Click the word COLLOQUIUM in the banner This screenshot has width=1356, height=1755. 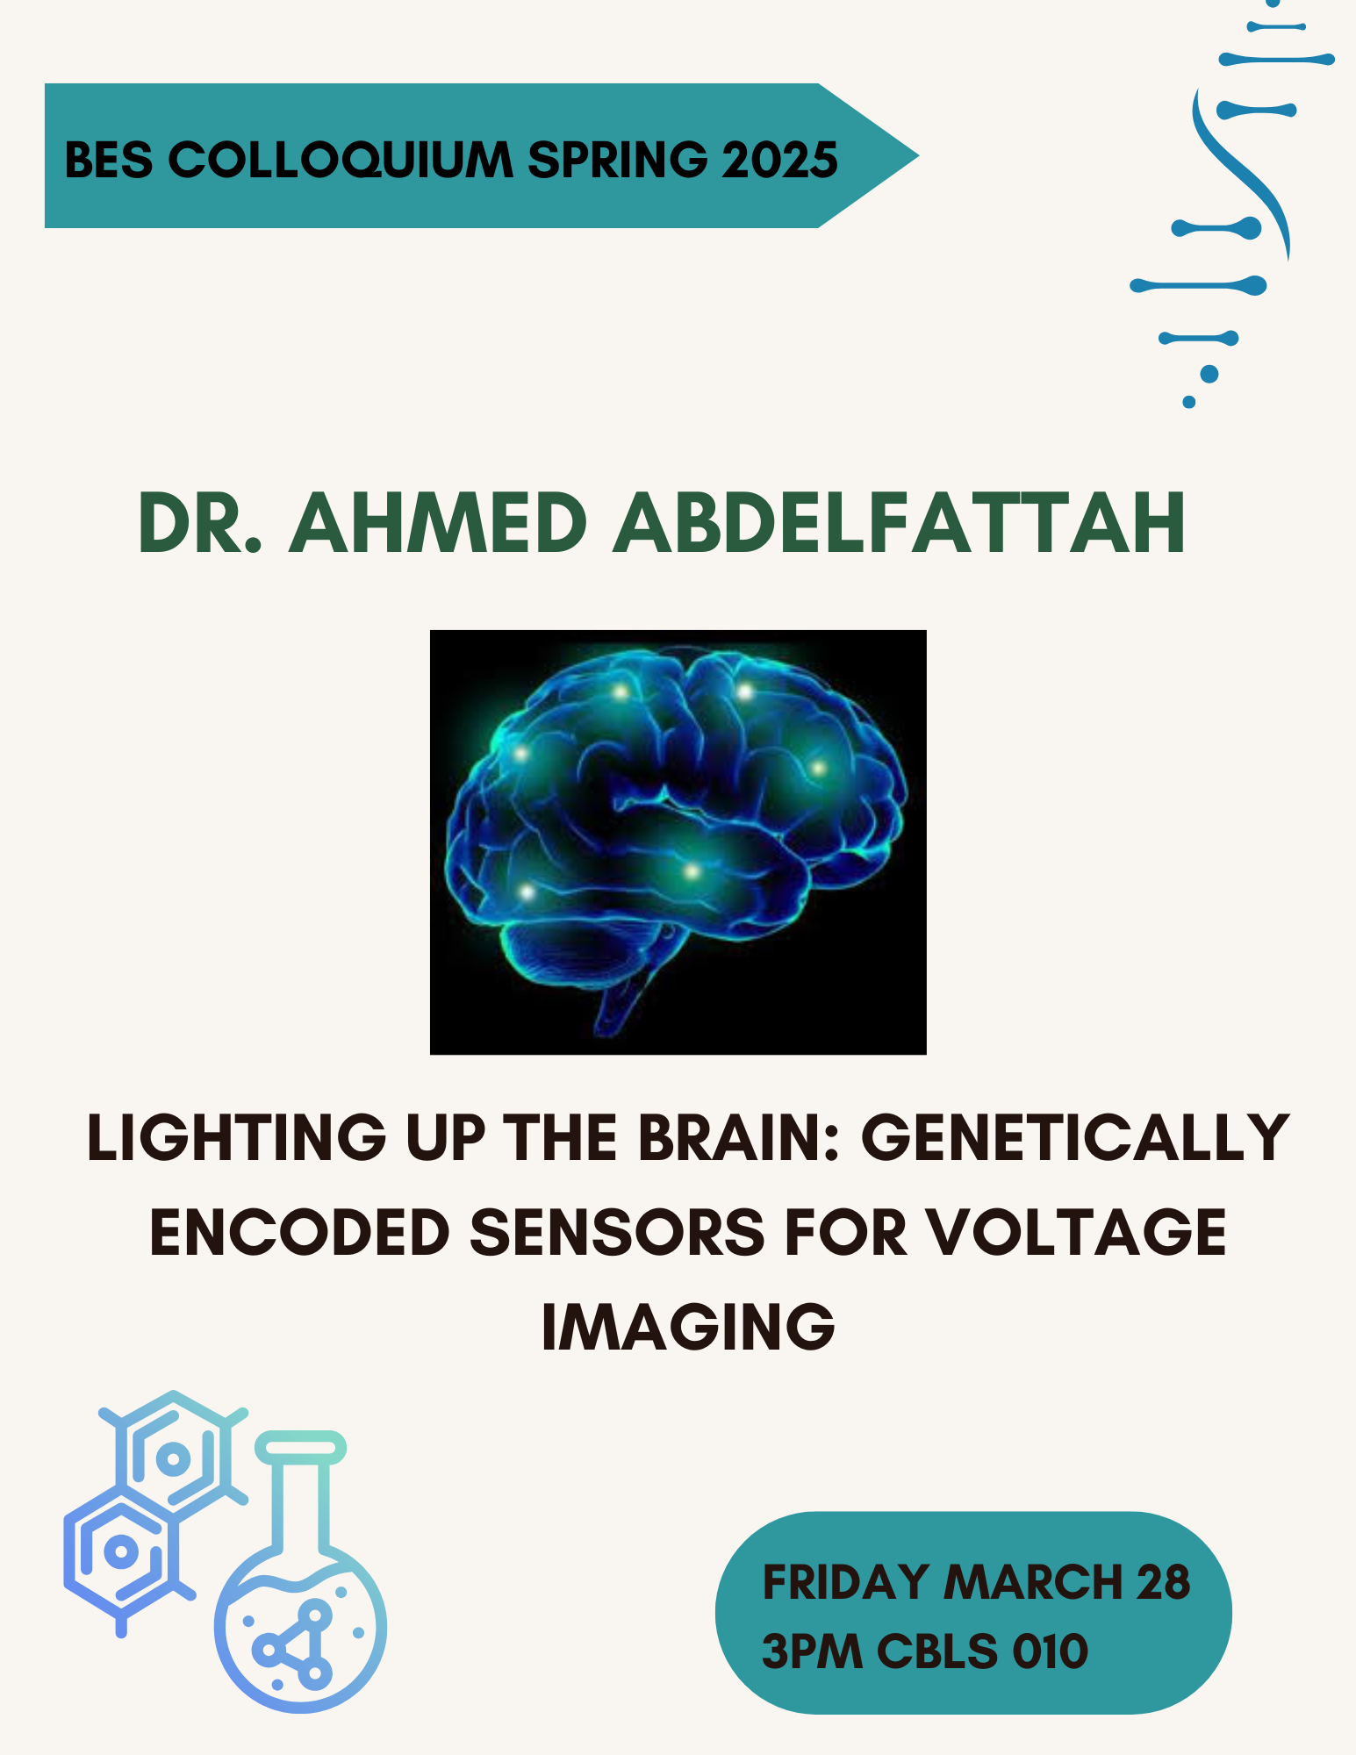pyautogui.click(x=340, y=160)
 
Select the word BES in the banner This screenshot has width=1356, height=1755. pyautogui.click(x=108, y=160)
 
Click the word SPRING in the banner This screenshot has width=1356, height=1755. pyautogui.click(x=617, y=160)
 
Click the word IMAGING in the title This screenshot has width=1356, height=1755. pyautogui.click(x=688, y=1327)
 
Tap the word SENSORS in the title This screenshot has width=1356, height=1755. pyautogui.click(x=618, y=1232)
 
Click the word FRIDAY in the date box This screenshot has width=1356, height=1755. pyautogui.click(x=846, y=1582)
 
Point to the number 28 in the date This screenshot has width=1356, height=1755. pyautogui.click(x=1163, y=1582)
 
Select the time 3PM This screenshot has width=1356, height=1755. pyautogui.click(x=812, y=1651)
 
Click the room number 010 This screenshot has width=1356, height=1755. pyautogui.click(x=1050, y=1651)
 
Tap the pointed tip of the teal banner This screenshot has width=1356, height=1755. pyautogui.click(x=917, y=156)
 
